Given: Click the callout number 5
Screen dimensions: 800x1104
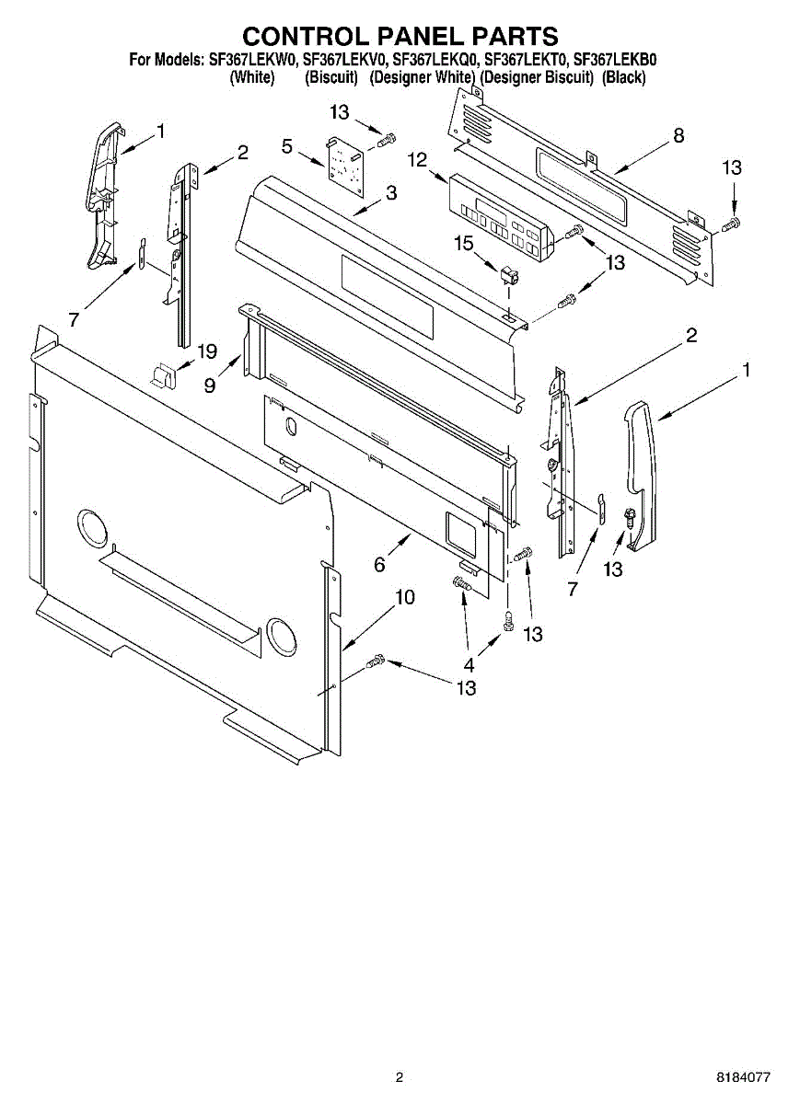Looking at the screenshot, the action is click(x=287, y=145).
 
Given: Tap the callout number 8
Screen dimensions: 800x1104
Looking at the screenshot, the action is click(x=678, y=135).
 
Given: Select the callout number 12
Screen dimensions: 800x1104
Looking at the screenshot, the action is click(x=417, y=160).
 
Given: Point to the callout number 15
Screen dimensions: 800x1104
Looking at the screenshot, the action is click(x=462, y=242).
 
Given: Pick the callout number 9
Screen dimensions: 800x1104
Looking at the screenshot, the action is click(x=210, y=385).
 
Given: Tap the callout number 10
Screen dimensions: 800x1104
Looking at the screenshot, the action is click(x=404, y=598).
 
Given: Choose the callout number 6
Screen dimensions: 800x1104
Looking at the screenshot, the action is click(x=379, y=566).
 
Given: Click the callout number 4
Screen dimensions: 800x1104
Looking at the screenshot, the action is click(x=469, y=663).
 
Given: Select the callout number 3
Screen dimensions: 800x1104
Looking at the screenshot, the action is click(x=391, y=193).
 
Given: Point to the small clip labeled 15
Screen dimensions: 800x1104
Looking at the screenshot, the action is click(x=507, y=275).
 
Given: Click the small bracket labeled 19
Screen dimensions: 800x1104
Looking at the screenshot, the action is click(x=163, y=374).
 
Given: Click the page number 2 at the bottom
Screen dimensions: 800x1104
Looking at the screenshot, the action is click(x=400, y=1077).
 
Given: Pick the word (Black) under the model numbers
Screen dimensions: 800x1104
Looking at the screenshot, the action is click(x=623, y=77).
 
